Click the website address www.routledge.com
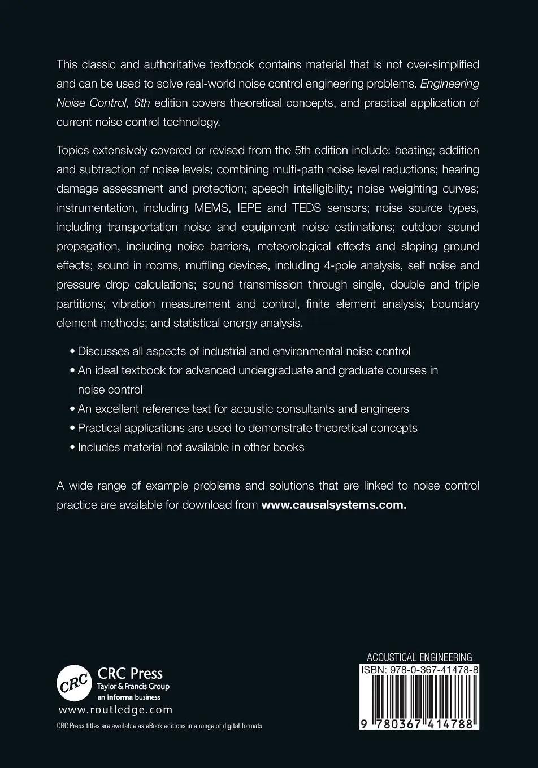click(115, 710)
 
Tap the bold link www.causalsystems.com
click(333, 504)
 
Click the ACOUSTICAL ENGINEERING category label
click(419, 657)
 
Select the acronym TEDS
click(306, 208)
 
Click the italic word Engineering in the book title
click(450, 84)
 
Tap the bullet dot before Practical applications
click(72, 428)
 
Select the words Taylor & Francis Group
click(133, 687)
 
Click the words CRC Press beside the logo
click(130, 673)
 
